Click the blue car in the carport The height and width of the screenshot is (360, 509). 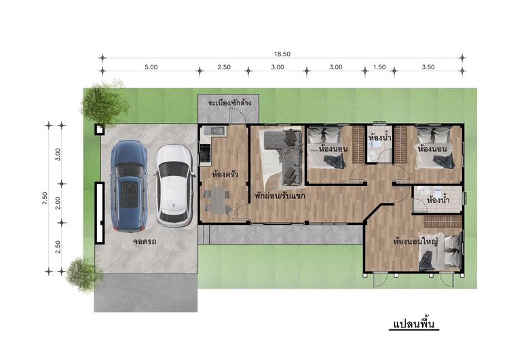(x=129, y=186)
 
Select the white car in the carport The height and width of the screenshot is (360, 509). (x=174, y=186)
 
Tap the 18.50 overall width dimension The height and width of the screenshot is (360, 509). (x=282, y=54)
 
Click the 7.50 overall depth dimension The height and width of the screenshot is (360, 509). (x=45, y=198)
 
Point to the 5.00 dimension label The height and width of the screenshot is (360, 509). (x=151, y=67)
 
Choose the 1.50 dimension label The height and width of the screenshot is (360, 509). (x=379, y=67)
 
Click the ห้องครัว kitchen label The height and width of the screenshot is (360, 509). (x=225, y=175)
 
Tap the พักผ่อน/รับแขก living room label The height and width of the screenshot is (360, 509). (x=280, y=196)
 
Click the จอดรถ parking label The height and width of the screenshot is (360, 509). (x=145, y=241)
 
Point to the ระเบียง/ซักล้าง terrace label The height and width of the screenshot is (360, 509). (x=229, y=103)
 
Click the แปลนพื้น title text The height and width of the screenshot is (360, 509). (x=414, y=324)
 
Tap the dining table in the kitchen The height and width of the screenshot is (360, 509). (x=217, y=200)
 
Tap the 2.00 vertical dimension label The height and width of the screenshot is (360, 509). (x=58, y=203)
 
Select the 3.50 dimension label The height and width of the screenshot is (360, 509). (x=428, y=67)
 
